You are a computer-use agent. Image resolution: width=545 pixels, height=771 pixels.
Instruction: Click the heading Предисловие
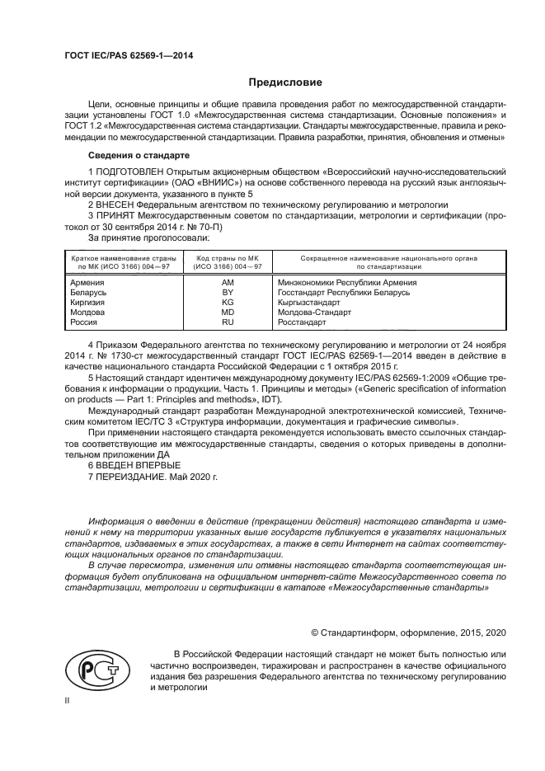pyautogui.click(x=286, y=82)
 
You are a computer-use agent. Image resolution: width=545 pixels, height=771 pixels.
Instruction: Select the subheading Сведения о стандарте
pyautogui.click(x=139, y=155)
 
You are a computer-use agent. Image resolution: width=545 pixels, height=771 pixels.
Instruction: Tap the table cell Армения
pyautogui.click(x=88, y=282)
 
